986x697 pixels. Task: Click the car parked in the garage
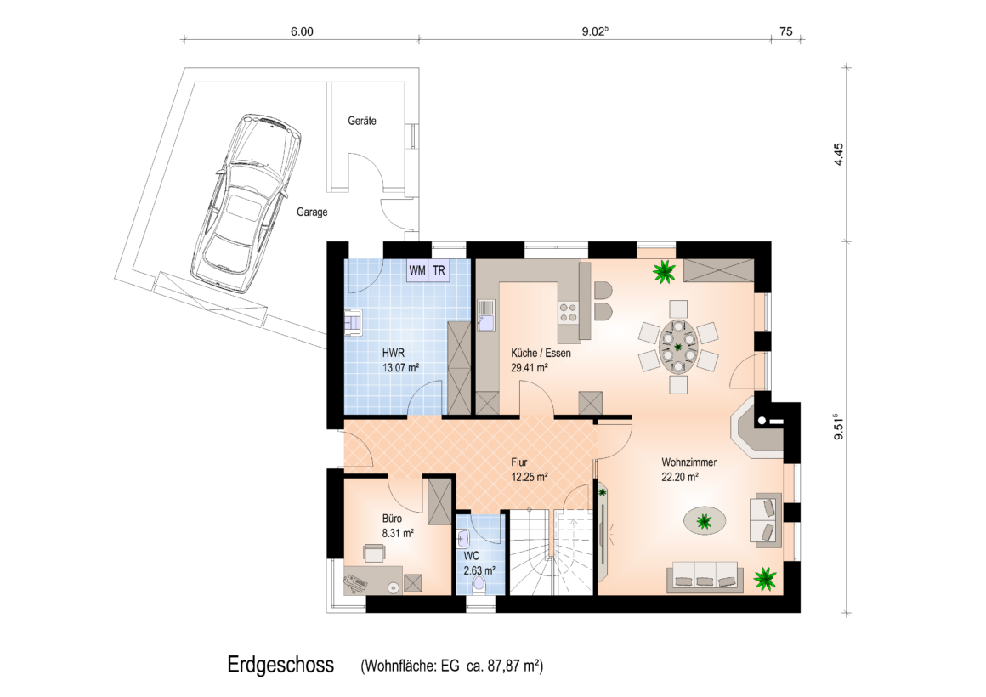[246, 203]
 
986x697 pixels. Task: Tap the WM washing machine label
[416, 270]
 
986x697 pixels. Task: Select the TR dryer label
[439, 270]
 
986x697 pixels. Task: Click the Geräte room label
[362, 121]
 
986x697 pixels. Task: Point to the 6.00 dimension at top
[302, 31]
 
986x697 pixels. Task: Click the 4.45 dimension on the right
[838, 154]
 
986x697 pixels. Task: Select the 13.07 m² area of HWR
[400, 368]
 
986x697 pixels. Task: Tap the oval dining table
[678, 346]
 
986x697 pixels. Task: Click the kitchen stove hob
[569, 313]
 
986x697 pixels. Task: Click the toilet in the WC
[479, 585]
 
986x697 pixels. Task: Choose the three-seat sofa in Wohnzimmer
[705, 575]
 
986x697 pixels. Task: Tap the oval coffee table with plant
[705, 520]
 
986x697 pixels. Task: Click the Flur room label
[518, 462]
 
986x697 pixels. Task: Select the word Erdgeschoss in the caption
[280, 665]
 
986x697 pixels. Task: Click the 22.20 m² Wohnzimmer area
[680, 478]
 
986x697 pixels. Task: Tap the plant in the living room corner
[765, 578]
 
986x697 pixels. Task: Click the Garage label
[312, 212]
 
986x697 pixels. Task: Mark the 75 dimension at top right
[786, 31]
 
